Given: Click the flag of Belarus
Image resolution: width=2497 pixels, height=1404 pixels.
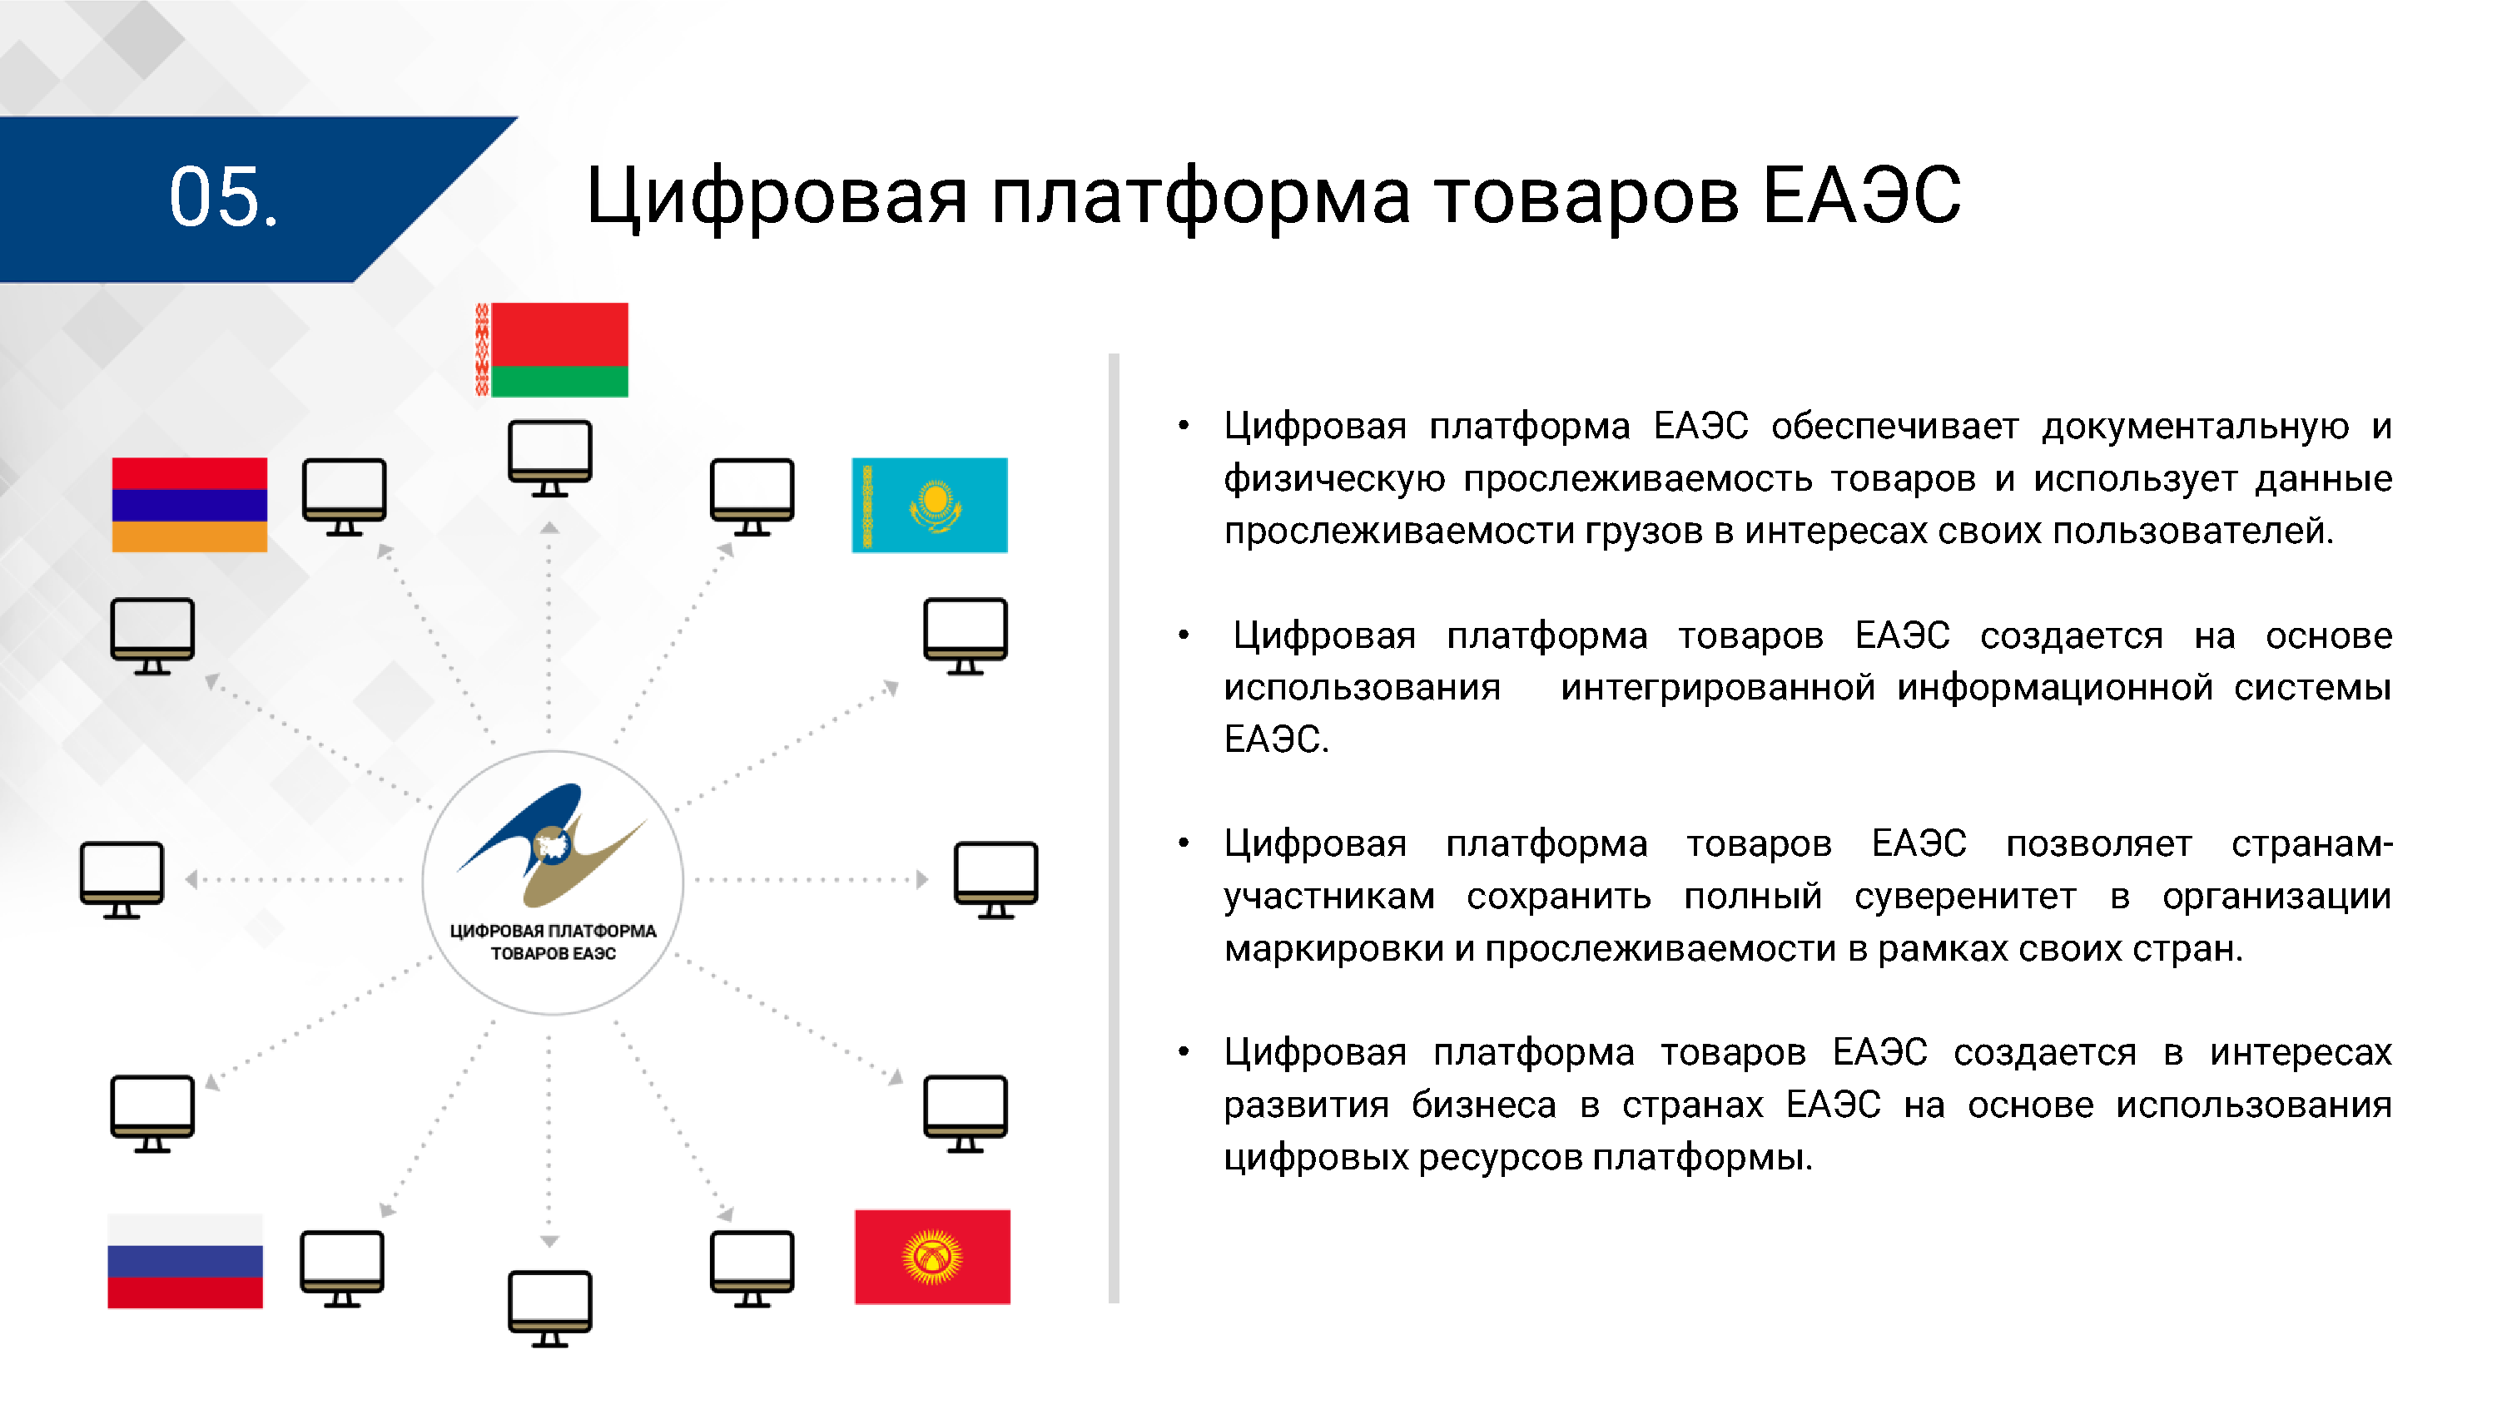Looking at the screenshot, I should point(552,350).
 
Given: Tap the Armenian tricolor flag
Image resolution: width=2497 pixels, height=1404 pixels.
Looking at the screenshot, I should point(189,505).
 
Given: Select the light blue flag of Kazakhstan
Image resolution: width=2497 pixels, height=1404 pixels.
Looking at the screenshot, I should point(929,505).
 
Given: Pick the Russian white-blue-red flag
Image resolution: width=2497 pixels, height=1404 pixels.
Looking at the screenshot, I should point(185,1261).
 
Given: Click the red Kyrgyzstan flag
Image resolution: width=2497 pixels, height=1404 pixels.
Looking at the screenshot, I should point(931,1257).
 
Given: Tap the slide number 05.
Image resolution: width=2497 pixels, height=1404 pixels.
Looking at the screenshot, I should point(223,198).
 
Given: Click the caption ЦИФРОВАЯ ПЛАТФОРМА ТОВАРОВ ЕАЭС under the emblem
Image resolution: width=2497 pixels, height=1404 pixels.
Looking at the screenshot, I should point(553,942).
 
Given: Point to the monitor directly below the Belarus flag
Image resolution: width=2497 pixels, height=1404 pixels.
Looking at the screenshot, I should point(549,457).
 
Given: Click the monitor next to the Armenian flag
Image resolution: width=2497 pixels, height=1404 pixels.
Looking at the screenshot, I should point(344,496).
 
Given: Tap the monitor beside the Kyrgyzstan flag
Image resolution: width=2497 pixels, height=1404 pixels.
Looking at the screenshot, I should point(752,1268).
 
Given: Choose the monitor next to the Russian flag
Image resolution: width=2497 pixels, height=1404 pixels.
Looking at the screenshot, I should point(342,1268).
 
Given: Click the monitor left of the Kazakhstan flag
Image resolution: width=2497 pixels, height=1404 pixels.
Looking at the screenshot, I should point(752,496).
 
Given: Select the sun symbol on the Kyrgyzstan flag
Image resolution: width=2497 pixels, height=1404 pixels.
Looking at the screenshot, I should point(931,1257).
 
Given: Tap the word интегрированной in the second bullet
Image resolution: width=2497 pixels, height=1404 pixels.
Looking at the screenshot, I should point(1716,687).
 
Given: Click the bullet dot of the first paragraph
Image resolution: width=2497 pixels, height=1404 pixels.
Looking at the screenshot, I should point(1183,425).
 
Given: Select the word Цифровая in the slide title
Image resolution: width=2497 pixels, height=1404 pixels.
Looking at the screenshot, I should point(777,196).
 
